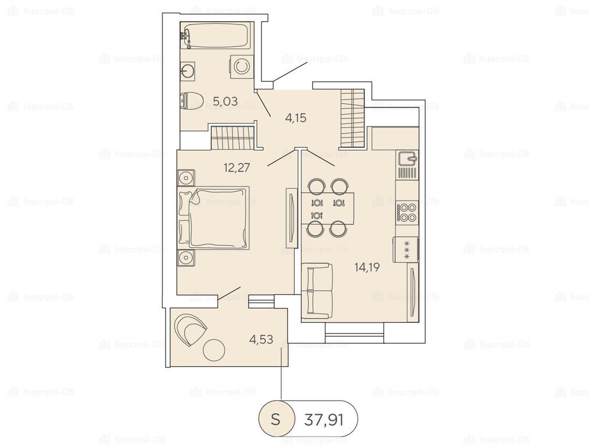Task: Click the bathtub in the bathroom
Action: (214, 35)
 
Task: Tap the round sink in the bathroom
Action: (188, 71)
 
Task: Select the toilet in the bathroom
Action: (191, 101)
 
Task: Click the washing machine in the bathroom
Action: (241, 67)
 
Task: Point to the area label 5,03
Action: (225, 101)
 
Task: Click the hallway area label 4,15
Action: (296, 118)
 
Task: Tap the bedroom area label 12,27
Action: (236, 167)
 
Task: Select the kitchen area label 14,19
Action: (367, 267)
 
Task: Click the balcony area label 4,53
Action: (261, 339)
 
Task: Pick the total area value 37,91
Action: (324, 419)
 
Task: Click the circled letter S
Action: (276, 419)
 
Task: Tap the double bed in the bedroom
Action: (213, 218)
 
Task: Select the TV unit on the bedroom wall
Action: (292, 218)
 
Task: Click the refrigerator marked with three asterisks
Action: (406, 250)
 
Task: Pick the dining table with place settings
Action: (328, 208)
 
